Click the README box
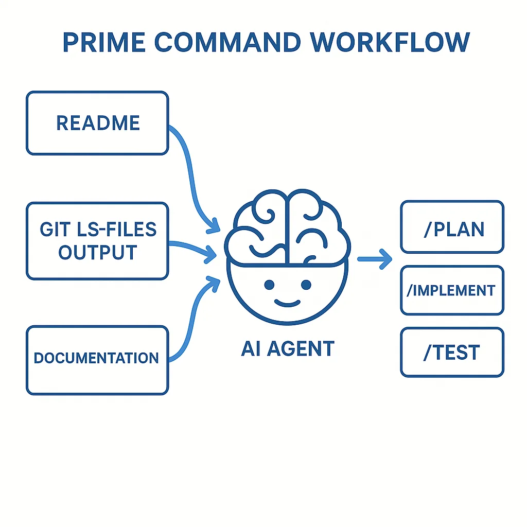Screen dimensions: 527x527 (97, 123)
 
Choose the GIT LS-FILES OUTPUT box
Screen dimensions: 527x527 (97, 241)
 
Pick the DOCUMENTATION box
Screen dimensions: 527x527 (97, 360)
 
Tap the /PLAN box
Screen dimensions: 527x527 (452, 227)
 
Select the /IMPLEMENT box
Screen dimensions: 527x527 (452, 290)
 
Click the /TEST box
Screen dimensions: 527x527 (452, 353)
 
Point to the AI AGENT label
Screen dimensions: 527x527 (287, 348)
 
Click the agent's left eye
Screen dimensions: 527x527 (268, 285)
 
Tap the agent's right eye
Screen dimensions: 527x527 (306, 285)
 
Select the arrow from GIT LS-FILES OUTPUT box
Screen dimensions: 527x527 (193, 247)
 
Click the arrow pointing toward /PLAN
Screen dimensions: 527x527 (375, 259)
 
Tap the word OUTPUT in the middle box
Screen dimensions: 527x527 (97, 252)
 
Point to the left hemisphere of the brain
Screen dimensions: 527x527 (257, 226)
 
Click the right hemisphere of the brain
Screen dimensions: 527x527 (317, 226)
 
